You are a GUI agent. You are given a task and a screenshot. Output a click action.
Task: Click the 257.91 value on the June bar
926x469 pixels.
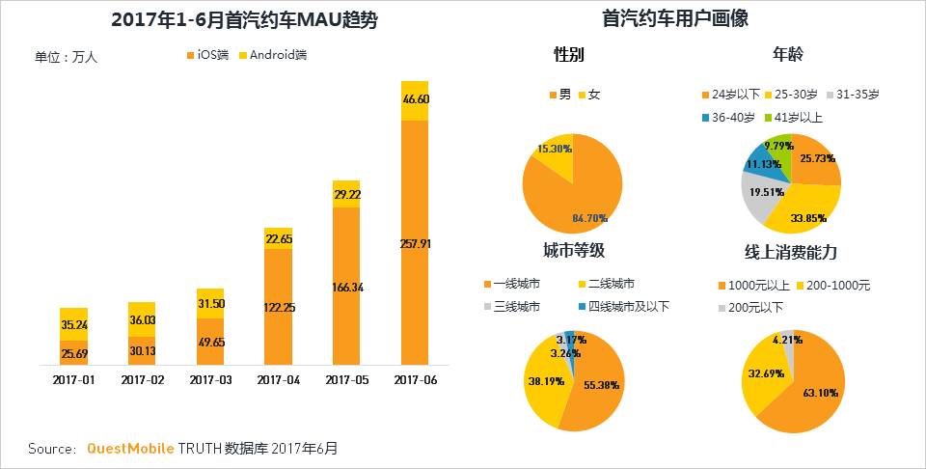point(415,244)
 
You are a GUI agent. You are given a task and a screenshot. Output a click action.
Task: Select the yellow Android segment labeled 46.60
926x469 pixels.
point(415,99)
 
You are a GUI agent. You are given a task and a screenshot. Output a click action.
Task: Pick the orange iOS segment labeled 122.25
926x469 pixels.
point(279,307)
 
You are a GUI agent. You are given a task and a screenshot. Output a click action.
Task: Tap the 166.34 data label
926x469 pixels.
point(346,288)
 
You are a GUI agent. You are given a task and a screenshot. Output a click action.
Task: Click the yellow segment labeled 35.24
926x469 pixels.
point(73,324)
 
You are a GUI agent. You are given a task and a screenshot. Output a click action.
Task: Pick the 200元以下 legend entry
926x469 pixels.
point(757,307)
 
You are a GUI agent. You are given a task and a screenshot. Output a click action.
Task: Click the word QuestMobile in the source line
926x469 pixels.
point(130,450)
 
